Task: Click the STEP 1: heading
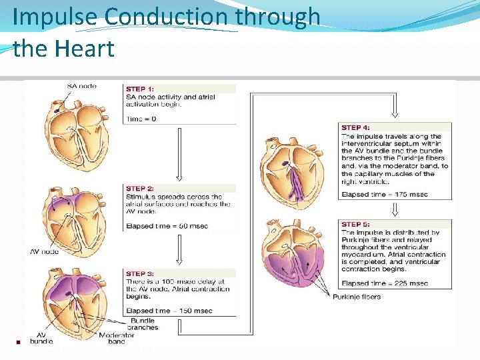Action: (140, 89)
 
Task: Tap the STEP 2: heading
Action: (140, 189)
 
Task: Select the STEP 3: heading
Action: (140, 273)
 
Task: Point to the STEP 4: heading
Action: (355, 127)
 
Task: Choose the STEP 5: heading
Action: (355, 225)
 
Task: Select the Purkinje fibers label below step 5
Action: (357, 297)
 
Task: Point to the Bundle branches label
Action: (143, 324)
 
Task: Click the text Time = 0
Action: (141, 119)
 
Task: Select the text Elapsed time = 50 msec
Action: (167, 226)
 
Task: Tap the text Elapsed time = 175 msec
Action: (385, 195)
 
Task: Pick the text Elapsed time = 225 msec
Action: (385, 283)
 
